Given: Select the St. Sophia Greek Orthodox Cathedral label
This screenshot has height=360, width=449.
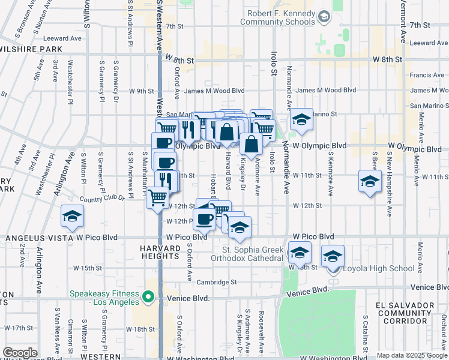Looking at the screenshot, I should pos(252,254).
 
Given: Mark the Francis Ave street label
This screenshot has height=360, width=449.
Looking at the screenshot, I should pos(427,76).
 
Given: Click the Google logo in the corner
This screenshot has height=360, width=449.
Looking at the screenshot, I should pos(20,352).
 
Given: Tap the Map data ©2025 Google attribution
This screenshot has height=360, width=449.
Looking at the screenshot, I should pos(412,355).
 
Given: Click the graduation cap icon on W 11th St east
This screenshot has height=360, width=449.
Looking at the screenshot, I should pos(370,181).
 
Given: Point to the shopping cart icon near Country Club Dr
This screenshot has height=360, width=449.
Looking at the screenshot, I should pos(157,196).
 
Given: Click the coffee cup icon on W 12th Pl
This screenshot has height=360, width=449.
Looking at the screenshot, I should pos(205,219).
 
